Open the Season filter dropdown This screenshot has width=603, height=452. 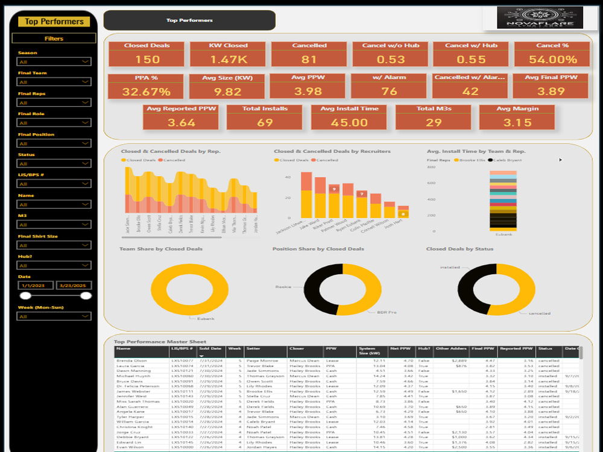(x=54, y=61)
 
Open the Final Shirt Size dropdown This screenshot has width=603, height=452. (x=54, y=245)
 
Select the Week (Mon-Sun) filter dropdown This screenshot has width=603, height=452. (x=54, y=316)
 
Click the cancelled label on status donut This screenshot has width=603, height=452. (x=540, y=313)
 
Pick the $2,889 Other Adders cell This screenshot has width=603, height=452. (x=459, y=360)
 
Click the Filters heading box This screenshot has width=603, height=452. (x=54, y=39)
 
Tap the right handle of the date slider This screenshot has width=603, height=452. (x=86, y=295)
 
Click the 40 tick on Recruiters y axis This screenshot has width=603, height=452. (x=288, y=177)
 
